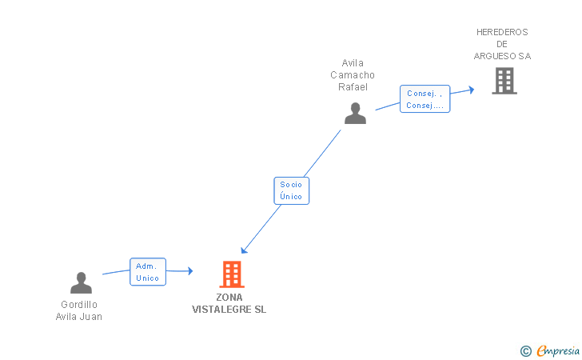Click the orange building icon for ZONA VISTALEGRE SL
[x=232, y=274]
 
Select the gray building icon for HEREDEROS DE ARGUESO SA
[x=504, y=81]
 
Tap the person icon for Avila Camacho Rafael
[x=355, y=114]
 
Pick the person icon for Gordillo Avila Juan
[x=81, y=282]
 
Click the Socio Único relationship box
[x=291, y=190]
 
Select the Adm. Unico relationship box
[x=148, y=271]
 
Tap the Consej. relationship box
[x=425, y=99]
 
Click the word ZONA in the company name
[x=229, y=298]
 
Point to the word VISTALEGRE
[x=221, y=310]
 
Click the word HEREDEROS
[x=502, y=32]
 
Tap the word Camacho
[x=353, y=75]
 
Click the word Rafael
[x=353, y=87]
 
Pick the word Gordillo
[x=79, y=305]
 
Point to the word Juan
[x=92, y=317]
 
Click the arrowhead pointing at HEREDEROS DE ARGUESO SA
[x=472, y=90]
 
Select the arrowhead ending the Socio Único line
[x=244, y=250]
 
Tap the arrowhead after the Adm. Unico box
[x=190, y=271]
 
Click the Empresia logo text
[x=558, y=351]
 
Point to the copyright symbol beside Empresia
[x=526, y=351]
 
